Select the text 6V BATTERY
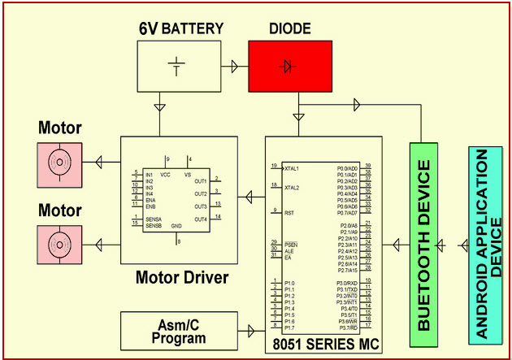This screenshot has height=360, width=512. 180,28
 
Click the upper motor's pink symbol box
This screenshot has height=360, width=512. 59,163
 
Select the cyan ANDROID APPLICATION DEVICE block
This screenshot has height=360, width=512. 488,245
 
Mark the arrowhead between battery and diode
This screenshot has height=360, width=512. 235,65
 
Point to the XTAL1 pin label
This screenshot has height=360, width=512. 291,169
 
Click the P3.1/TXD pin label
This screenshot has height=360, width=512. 348,290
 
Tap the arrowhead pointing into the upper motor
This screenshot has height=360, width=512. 99,163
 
